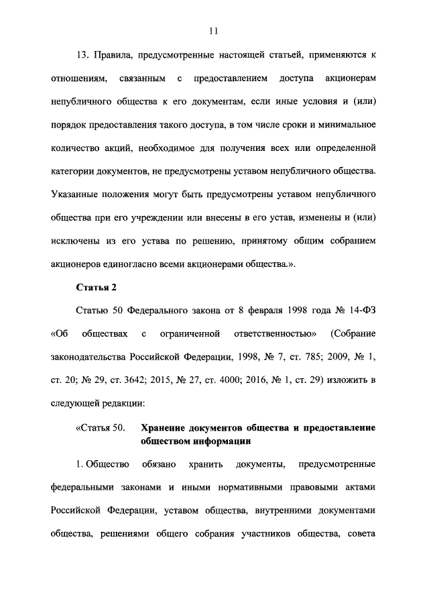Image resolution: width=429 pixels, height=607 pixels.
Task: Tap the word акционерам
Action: pos(345,80)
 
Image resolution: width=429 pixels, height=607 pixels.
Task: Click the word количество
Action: pos(77,148)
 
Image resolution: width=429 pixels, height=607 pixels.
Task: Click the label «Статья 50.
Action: pos(100,428)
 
